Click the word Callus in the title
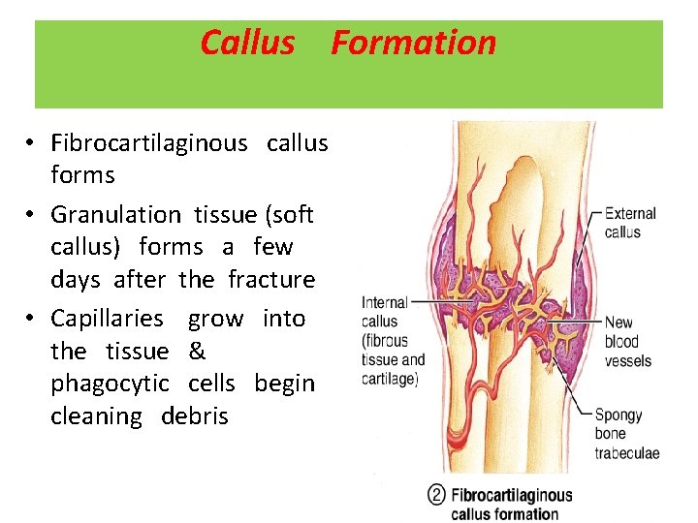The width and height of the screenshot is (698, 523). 247,43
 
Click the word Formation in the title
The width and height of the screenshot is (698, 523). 413,43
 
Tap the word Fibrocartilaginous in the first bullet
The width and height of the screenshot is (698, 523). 149,143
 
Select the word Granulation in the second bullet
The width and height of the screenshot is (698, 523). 115,214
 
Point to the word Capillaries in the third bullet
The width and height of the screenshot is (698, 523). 107,319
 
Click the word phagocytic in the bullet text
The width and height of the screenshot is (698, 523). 111,384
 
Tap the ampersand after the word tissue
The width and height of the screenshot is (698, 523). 198,351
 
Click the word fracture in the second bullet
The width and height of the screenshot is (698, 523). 271,280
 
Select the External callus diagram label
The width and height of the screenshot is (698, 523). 630,222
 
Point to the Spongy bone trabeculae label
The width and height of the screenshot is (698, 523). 626,434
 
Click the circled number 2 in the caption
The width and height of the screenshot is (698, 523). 436,495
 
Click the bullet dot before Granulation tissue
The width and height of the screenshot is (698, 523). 32,214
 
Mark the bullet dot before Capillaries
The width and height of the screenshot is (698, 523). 32,319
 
